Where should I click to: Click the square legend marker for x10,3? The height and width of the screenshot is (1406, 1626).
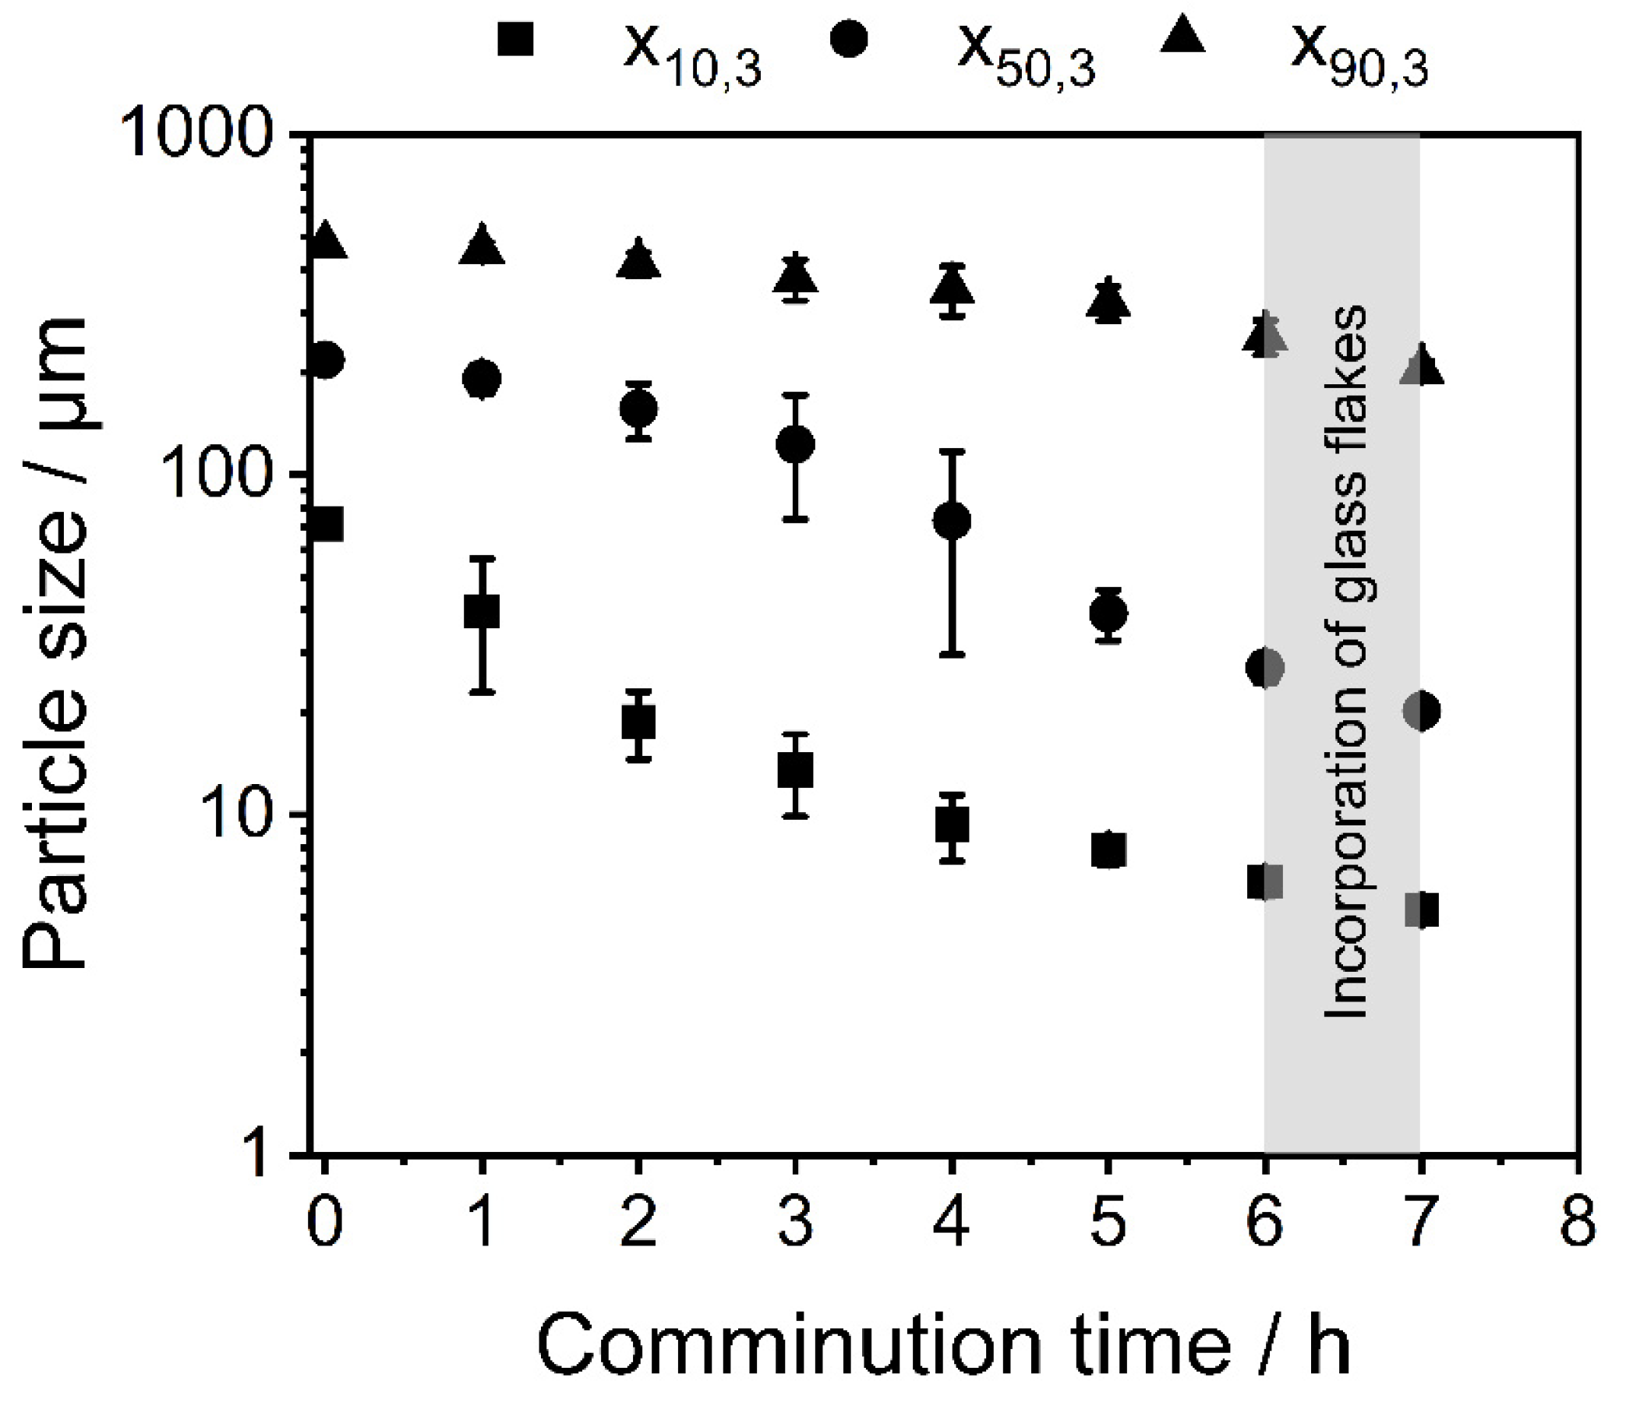click(x=515, y=39)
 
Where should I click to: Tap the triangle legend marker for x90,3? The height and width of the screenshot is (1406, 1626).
click(x=1182, y=37)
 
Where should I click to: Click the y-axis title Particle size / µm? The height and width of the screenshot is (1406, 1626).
click(x=55, y=643)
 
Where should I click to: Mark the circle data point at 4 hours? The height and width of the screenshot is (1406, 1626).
click(x=952, y=520)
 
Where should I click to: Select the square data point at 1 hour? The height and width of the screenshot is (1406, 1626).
click(x=482, y=611)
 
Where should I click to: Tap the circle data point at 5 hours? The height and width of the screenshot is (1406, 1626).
click(x=1108, y=613)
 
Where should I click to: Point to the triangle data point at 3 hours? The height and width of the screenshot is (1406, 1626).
click(x=796, y=275)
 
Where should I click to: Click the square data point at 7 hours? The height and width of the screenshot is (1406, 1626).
click(x=1421, y=911)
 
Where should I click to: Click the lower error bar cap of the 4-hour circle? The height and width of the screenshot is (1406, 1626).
click(x=952, y=654)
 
